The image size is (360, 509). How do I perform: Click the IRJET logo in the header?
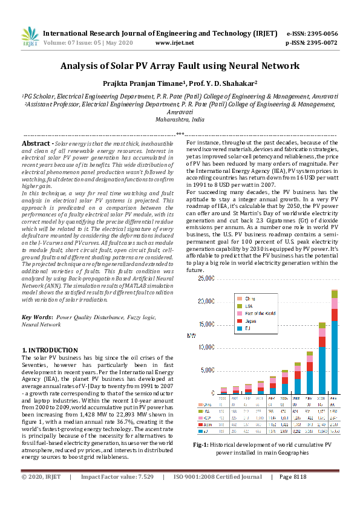coord(30,37)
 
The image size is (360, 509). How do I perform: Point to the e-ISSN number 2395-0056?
coord(321,34)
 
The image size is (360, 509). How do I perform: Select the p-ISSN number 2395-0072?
coord(321,43)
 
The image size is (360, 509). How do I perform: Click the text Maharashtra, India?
coord(180,120)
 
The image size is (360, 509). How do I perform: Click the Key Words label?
coord(36,317)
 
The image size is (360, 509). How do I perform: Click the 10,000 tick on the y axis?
coord(206,348)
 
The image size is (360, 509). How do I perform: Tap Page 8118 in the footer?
coord(293,494)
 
